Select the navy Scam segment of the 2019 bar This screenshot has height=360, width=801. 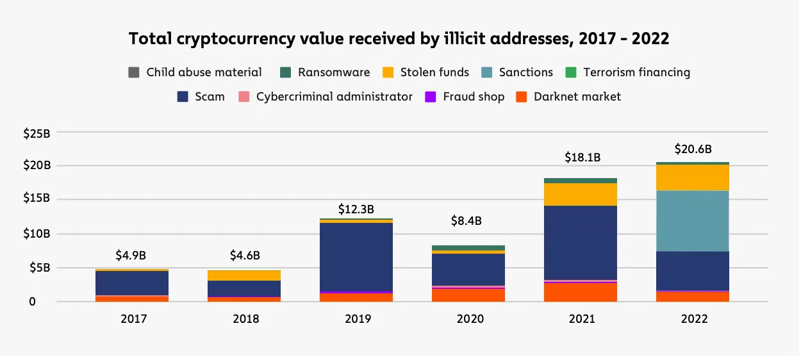pos(356,257)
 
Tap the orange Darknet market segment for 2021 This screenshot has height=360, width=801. pos(581,292)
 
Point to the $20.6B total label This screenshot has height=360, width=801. pos(693,149)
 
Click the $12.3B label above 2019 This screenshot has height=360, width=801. pos(356,209)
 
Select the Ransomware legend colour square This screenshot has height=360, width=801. pos(286,72)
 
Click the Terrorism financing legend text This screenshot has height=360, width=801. pos(636,72)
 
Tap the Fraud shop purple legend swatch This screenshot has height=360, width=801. pos(431,97)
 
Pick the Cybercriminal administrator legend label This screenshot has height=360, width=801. pos(334,97)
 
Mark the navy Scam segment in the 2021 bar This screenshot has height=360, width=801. pos(581,243)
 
